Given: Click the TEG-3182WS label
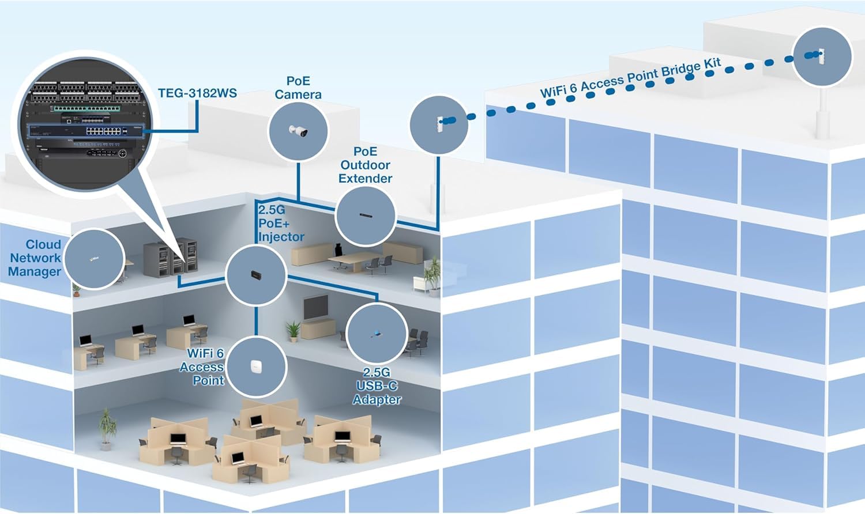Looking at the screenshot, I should [x=197, y=93].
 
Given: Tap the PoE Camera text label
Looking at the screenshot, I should [x=298, y=88].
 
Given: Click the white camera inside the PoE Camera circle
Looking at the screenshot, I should [x=299, y=131].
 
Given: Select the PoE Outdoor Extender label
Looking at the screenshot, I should [x=365, y=165].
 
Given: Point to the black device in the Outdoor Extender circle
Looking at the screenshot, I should [x=366, y=216].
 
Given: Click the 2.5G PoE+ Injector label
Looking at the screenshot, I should [x=280, y=224].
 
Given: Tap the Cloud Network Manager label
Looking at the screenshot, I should [x=35, y=258].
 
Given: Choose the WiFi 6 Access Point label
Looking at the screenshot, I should [x=202, y=367].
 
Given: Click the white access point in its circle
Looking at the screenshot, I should [x=256, y=366].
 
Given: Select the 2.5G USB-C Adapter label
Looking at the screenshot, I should [x=377, y=386].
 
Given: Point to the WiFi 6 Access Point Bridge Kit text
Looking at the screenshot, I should [x=631, y=78].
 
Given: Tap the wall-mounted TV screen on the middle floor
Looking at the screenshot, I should [x=315, y=307].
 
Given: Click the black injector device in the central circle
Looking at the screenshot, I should [x=255, y=274].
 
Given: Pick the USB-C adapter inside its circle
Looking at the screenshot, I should [x=376, y=334].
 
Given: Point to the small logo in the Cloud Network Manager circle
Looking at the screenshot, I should [x=94, y=259].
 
